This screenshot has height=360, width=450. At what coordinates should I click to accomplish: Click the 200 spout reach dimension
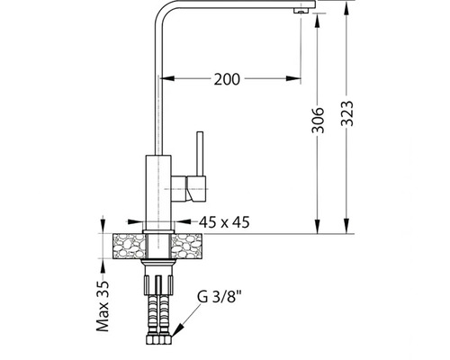[227, 79]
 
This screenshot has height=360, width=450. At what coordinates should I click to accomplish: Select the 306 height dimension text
[318, 120]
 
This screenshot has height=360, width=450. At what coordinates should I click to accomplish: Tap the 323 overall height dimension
[347, 113]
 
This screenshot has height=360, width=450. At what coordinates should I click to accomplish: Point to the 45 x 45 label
[224, 222]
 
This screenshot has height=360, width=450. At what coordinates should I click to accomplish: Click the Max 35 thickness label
[103, 306]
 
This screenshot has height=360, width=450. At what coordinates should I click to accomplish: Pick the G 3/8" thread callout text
[220, 297]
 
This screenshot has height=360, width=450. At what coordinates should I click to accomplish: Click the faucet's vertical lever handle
[200, 154]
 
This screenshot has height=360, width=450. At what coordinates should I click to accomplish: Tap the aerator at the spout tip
[301, 11]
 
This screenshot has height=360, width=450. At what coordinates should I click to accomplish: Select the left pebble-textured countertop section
[130, 246]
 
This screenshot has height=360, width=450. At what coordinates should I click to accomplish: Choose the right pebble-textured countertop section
[186, 246]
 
